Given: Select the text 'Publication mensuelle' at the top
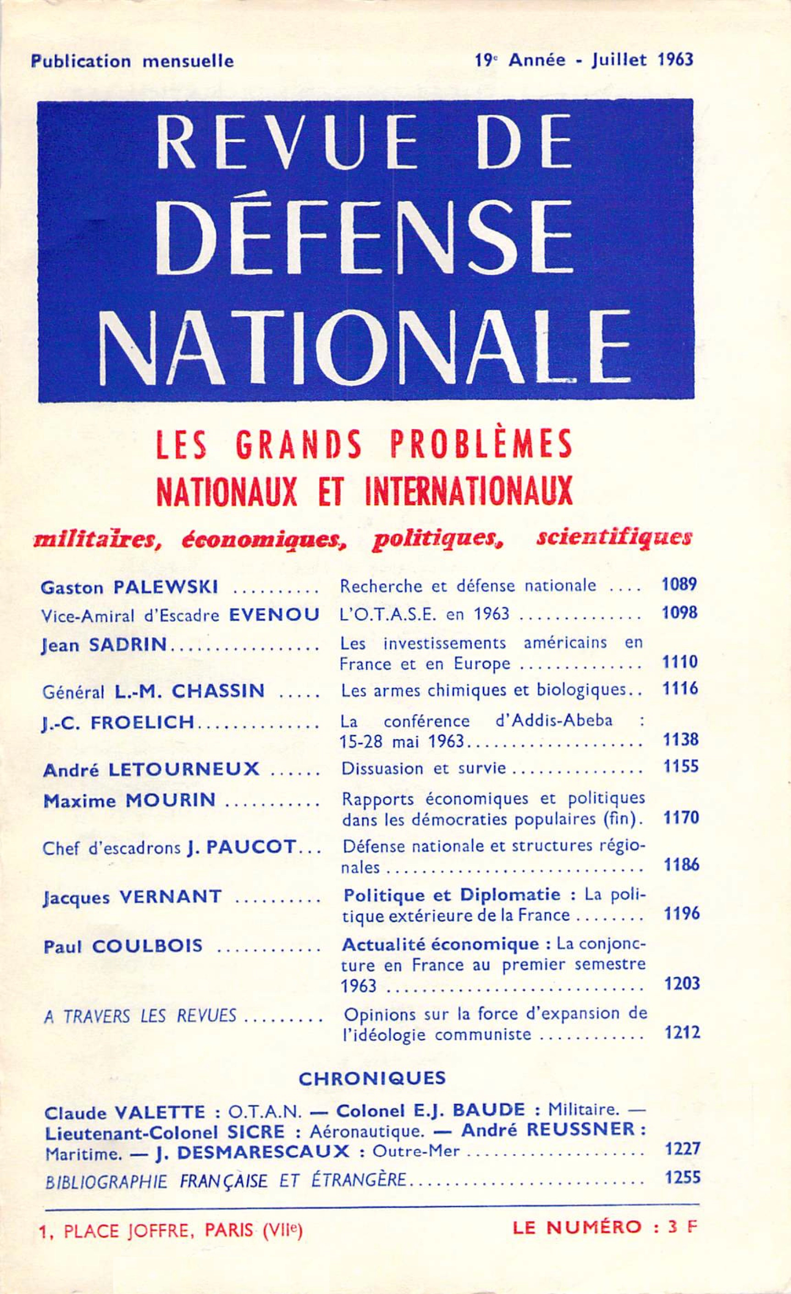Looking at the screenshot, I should pos(132,61).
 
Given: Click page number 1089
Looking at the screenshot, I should pos(680,585).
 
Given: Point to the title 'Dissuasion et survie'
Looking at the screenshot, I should pos(424,768).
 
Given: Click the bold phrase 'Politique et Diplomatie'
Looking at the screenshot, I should pos(451,894).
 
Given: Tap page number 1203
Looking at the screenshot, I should pos(682,983).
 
